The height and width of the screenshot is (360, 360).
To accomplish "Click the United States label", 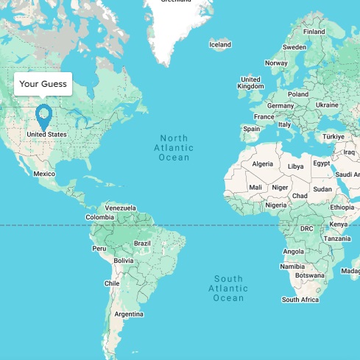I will point(46,135).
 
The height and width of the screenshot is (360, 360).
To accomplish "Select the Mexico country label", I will point(44,174).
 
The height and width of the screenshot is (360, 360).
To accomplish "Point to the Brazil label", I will point(142,243).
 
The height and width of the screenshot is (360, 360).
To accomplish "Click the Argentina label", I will point(129,314).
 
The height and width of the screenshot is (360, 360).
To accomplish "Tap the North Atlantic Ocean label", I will point(174,148).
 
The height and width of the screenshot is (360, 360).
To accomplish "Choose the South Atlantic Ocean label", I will point(228,288).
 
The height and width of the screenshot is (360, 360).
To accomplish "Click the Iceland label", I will point(220,45).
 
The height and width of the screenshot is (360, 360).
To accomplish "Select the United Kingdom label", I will point(250,82).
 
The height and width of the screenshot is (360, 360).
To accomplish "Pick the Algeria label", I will point(263,163).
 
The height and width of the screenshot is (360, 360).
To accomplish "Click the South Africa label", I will point(300,300).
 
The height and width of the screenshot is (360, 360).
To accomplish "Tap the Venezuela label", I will point(121,208).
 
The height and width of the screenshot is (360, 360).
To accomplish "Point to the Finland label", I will point(314,32).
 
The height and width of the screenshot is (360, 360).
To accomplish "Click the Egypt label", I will point(321,163).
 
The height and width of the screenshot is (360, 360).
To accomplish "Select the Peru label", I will point(99,249).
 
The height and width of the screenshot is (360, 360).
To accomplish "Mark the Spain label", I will point(252,129).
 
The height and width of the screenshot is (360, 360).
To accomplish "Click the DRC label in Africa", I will point(307,229).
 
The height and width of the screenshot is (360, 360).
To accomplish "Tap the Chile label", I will point(112,283).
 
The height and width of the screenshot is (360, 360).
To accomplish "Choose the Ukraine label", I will point(327,105).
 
